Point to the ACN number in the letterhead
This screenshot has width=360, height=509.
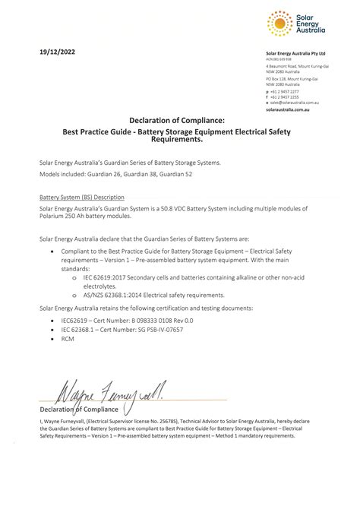click(279, 59)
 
